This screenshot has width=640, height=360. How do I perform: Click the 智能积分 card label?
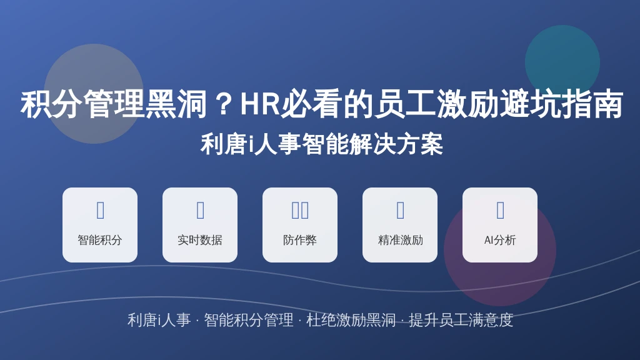[x=100, y=240]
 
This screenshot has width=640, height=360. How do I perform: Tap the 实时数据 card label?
[x=200, y=240]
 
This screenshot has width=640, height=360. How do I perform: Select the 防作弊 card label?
[x=300, y=240]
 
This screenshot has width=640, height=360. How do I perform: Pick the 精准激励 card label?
[x=401, y=240]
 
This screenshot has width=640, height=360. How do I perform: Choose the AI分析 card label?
[x=500, y=240]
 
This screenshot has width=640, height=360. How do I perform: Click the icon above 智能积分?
[x=101, y=210]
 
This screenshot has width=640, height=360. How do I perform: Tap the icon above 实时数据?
[x=201, y=210]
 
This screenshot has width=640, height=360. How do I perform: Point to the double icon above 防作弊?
[x=300, y=210]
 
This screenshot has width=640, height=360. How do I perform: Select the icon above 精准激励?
[x=401, y=210]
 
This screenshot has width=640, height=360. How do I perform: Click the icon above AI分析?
[x=501, y=210]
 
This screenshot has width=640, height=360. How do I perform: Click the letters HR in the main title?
[x=260, y=104]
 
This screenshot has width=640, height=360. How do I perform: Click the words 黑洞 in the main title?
[x=176, y=104]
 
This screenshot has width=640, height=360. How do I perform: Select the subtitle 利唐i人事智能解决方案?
[x=322, y=144]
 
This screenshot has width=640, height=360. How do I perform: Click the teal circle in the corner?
[x=562, y=62]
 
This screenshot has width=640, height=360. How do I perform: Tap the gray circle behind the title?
[x=94, y=94]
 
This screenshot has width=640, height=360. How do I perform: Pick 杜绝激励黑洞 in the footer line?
[x=351, y=320]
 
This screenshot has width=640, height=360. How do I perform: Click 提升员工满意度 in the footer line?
[x=461, y=320]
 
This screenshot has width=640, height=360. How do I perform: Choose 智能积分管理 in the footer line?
[x=249, y=320]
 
